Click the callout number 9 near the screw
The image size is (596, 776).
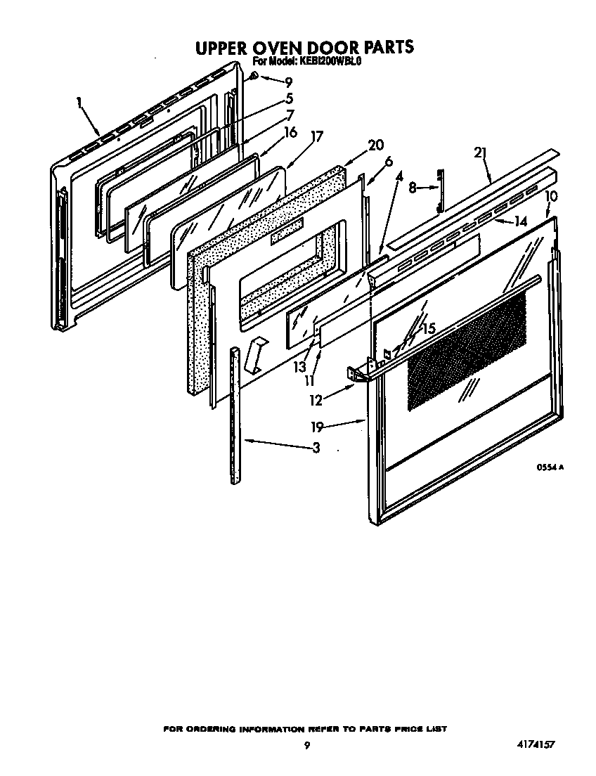point(288,82)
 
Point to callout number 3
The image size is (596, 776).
point(316,447)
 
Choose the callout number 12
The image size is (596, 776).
point(316,400)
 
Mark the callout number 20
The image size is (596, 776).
point(376,145)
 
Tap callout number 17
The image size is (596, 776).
point(317,136)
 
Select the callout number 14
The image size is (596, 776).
point(520,221)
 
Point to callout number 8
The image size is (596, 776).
point(413,187)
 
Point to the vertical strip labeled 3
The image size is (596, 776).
point(235,415)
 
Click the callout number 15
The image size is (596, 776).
point(428,328)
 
